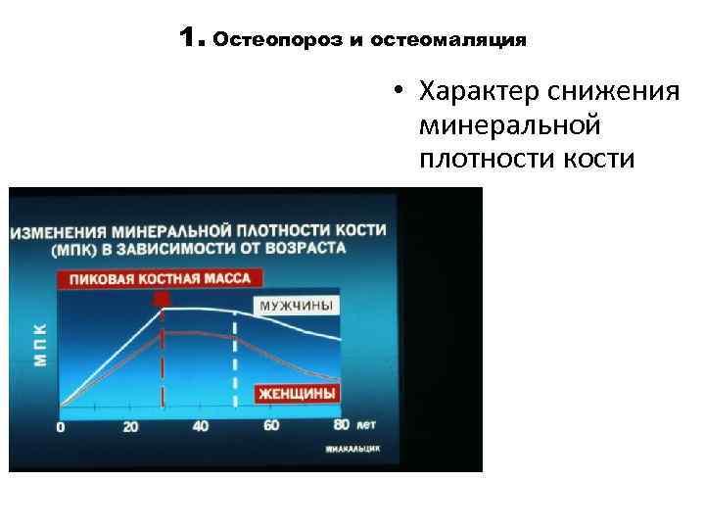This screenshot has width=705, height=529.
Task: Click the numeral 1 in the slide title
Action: tap(190, 38)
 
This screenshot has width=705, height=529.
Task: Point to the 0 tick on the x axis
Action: tap(61, 428)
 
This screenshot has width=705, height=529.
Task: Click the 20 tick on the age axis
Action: tap(129, 427)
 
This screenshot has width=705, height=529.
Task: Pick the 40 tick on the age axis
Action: tap(200, 426)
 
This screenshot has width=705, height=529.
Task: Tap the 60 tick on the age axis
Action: tap(271, 425)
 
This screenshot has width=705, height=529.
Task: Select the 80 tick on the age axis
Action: tap(341, 424)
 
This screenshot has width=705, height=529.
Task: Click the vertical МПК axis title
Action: tap(40, 342)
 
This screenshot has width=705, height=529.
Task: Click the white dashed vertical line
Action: tap(234, 362)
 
